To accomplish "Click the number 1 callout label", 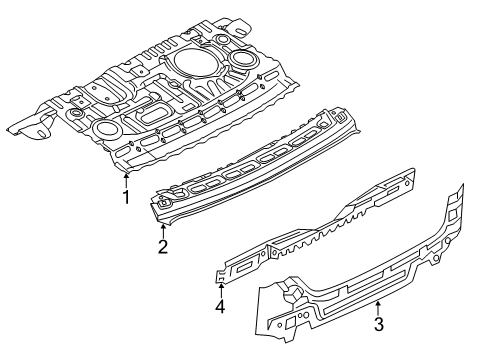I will [x=126, y=197].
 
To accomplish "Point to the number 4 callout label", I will [x=219, y=309].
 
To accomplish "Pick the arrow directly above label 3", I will [x=378, y=303].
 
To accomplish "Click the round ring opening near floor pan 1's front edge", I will [x=104, y=129].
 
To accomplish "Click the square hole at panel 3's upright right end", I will [x=454, y=216].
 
